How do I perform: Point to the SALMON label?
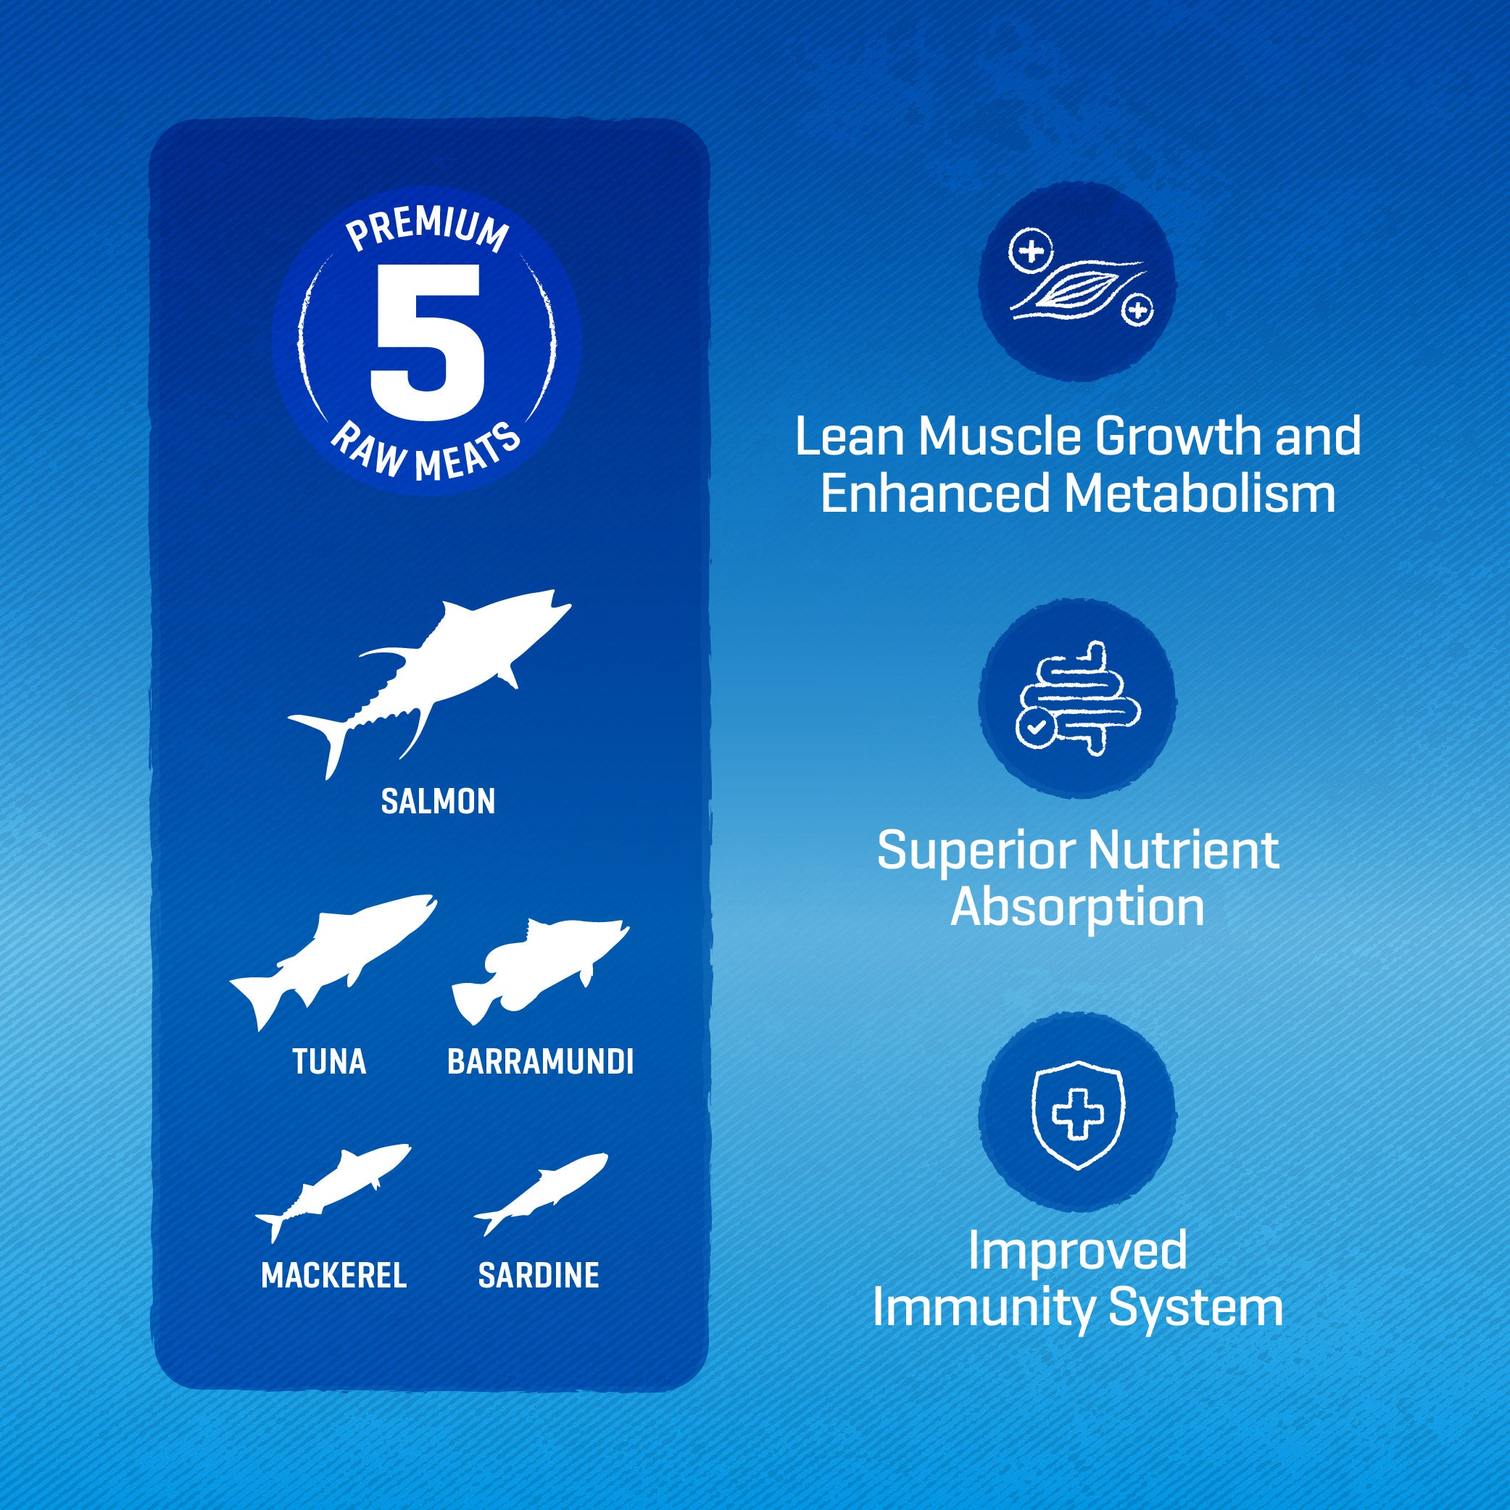point(438,802)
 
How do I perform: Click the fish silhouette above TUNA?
point(333,962)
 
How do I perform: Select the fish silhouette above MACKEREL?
point(333,1192)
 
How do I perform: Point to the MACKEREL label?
point(333,1276)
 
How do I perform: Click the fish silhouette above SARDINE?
point(541,1193)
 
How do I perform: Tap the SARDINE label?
point(539,1276)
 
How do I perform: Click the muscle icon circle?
point(1077,282)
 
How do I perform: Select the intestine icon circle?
point(1077,698)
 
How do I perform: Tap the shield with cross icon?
point(1078,1114)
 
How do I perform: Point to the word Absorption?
point(1077,909)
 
